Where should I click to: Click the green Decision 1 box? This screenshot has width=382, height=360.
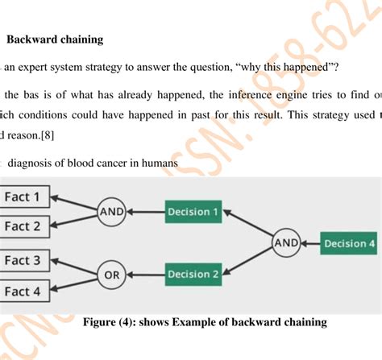tap(193, 212)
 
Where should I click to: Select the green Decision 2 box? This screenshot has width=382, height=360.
tap(193, 275)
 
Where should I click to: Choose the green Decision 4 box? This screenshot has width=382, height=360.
tap(348, 242)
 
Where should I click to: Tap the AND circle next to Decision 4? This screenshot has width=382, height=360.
tap(286, 242)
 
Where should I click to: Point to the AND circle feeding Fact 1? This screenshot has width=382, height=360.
tap(110, 212)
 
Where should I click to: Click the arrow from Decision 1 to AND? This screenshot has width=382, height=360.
tap(145, 212)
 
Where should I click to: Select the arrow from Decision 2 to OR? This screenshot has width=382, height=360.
tap(145, 275)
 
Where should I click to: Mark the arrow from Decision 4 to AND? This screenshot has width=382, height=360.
tap(310, 242)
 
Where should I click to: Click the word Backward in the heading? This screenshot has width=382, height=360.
tap(31, 38)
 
